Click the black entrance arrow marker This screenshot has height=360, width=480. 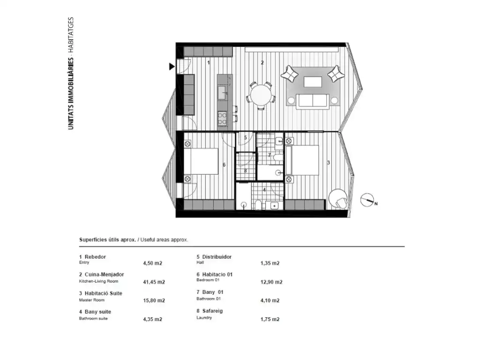click(x=172, y=67)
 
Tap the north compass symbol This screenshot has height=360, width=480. click(x=367, y=200)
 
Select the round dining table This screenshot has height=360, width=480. click(x=261, y=95)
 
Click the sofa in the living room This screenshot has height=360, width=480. click(x=313, y=101)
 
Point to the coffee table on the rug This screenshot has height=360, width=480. click(x=313, y=82)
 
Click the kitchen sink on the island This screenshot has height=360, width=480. click(x=222, y=93)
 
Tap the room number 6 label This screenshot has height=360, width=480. click(x=224, y=165)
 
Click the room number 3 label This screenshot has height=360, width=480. click(x=329, y=163)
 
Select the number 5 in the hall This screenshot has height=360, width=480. click(x=245, y=138)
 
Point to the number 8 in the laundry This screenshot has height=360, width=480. click(x=245, y=171)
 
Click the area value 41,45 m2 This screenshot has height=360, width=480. click(x=154, y=282)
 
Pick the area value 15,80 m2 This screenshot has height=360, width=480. click(x=154, y=300)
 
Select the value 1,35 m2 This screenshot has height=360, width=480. click(x=270, y=263)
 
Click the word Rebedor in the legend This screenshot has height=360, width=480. click(x=95, y=257)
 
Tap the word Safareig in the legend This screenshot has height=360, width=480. click(x=212, y=311)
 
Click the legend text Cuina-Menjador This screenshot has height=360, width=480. click(x=104, y=275)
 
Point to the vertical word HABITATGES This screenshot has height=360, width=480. click(x=71, y=34)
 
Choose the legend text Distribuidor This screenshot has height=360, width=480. click(x=217, y=257)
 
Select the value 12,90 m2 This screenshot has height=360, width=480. click(x=271, y=282)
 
